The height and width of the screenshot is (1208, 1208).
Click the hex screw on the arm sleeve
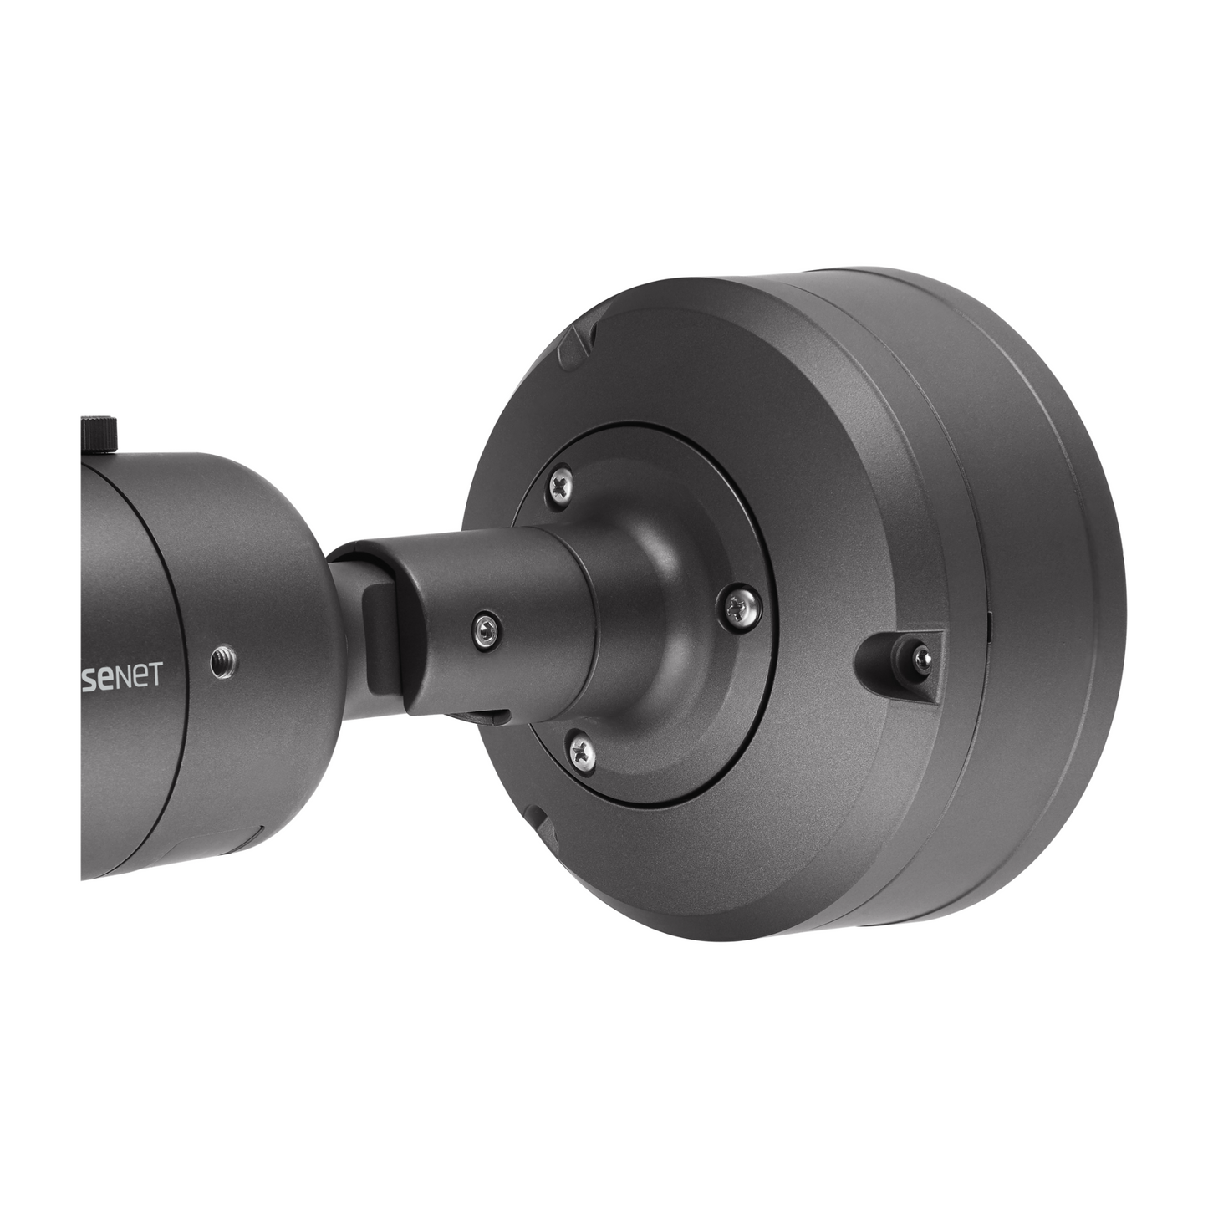[487, 624]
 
